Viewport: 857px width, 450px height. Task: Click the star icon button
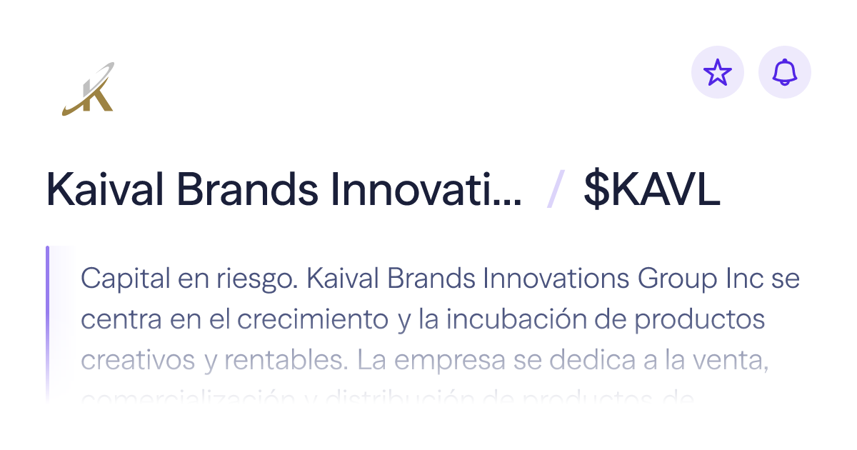[718, 72]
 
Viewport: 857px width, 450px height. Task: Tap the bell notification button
[785, 72]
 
